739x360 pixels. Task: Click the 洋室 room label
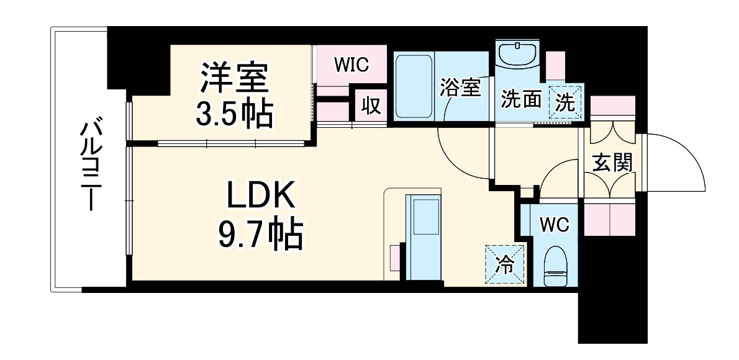pyautogui.click(x=233, y=78)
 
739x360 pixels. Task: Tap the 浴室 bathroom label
pyautogui.click(x=460, y=88)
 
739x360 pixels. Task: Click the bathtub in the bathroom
pyautogui.click(x=413, y=87)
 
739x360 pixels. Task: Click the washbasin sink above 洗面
pyautogui.click(x=518, y=56)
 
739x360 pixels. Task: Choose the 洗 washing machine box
pyautogui.click(x=565, y=101)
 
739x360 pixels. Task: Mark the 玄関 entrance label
pyautogui.click(x=612, y=163)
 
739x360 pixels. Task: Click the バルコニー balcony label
pyautogui.click(x=91, y=164)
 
